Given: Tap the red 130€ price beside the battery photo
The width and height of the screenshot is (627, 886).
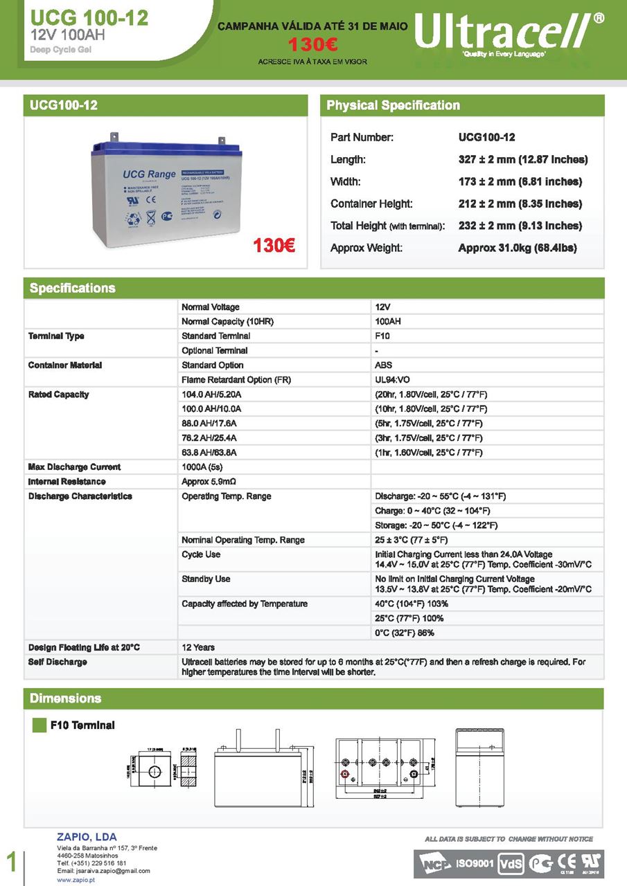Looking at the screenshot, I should (x=274, y=245).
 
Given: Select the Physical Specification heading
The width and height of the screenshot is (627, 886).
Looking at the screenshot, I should (x=393, y=105).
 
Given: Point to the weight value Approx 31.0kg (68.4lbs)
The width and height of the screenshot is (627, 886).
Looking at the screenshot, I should (x=518, y=248).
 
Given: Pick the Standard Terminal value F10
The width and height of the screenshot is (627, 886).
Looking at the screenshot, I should (x=382, y=336).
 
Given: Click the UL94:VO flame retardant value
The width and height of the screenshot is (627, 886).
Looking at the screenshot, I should (x=392, y=379).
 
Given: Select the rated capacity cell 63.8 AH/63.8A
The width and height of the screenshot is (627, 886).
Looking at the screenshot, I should (x=209, y=453).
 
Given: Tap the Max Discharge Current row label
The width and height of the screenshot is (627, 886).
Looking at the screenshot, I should (x=74, y=467).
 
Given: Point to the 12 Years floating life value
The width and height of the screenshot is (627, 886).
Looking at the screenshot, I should (x=198, y=647).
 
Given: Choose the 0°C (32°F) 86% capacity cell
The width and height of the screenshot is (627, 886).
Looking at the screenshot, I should (x=405, y=633).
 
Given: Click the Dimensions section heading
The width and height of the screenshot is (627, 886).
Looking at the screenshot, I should (x=65, y=698).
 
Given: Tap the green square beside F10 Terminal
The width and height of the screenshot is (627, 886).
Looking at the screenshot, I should (x=39, y=725).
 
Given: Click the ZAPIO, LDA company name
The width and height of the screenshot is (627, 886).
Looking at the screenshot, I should (x=87, y=838).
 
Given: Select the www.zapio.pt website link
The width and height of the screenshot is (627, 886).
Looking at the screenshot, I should (x=76, y=880).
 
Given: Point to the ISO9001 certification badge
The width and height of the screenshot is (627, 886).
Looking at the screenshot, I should (x=474, y=864).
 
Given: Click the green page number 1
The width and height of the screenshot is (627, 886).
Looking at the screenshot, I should (x=11, y=862).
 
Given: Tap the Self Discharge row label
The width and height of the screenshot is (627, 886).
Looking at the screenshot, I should (x=58, y=662).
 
